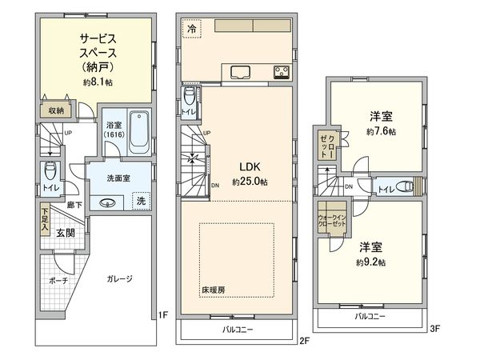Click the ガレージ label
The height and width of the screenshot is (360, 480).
pos(118,278)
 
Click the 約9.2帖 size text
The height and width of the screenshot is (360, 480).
pos(371,262)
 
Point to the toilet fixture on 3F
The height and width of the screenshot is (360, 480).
pos(407,187)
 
